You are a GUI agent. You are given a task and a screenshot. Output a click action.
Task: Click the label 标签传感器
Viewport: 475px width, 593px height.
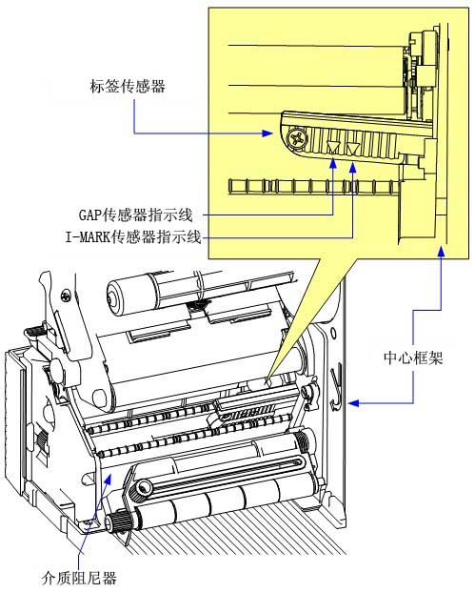(128, 86)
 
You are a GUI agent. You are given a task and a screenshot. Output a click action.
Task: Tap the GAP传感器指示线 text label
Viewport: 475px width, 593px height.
(136, 215)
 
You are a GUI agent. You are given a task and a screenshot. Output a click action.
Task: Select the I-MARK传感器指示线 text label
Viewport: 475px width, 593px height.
(133, 237)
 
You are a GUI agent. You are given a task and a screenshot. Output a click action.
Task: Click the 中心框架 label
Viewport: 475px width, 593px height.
(413, 358)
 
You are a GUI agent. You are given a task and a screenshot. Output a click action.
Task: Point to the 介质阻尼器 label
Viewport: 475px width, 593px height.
(79, 578)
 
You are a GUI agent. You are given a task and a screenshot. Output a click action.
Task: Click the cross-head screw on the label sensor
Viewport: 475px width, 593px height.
(296, 137)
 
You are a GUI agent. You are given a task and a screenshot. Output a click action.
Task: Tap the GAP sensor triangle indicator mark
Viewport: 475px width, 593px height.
(333, 147)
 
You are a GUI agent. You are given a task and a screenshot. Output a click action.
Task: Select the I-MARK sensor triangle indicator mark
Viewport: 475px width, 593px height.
(353, 148)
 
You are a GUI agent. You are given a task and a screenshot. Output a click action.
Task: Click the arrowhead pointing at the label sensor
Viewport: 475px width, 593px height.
(267, 133)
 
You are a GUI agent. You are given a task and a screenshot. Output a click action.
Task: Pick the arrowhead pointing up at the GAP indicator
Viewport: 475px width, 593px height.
(333, 163)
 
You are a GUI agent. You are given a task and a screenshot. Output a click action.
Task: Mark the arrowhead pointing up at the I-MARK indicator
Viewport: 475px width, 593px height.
(353, 168)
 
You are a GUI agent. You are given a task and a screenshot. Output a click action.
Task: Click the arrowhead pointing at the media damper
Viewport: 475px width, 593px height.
(108, 479)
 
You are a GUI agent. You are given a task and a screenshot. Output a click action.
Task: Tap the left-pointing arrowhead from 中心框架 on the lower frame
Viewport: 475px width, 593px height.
(353, 403)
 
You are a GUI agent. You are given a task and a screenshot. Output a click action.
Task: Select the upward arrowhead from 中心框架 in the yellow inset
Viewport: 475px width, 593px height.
(441, 250)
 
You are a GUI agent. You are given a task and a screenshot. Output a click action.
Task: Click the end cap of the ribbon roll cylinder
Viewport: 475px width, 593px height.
(112, 297)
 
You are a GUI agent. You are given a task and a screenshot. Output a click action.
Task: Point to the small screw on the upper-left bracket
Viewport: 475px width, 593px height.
(67, 295)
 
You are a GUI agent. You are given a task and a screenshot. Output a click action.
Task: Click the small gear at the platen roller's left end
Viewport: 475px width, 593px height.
(116, 523)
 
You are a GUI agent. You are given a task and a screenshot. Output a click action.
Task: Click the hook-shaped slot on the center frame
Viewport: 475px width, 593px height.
(337, 386)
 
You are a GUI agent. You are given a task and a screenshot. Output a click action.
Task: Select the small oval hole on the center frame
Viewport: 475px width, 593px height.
(333, 334)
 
